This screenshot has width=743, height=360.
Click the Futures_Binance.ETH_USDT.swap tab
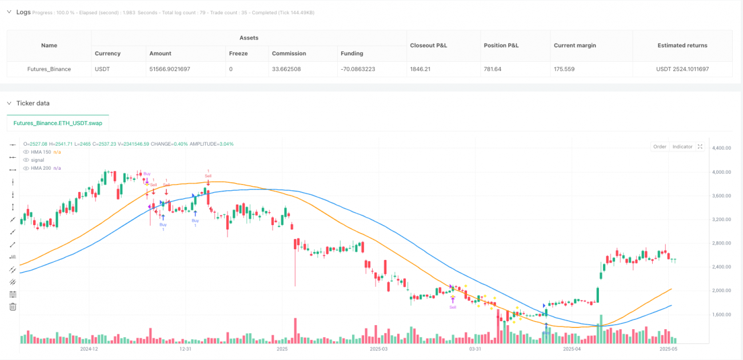58,123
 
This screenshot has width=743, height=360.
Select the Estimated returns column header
682,45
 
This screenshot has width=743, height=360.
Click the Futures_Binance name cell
49,69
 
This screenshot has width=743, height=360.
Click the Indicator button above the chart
682,147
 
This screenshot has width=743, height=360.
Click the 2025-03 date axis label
378,348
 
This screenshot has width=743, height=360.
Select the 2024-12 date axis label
89,348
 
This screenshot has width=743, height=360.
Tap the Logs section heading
23,12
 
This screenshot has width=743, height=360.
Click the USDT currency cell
107,69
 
